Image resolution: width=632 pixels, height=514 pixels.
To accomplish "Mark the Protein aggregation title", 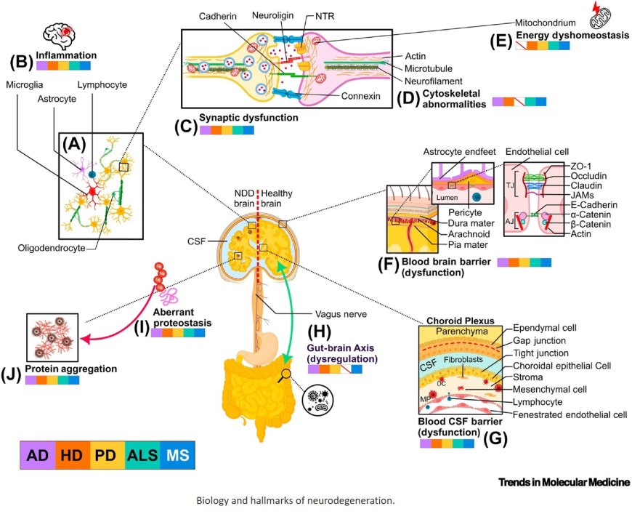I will [71, 369].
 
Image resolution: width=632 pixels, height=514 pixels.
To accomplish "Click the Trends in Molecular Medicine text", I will [564, 482].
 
